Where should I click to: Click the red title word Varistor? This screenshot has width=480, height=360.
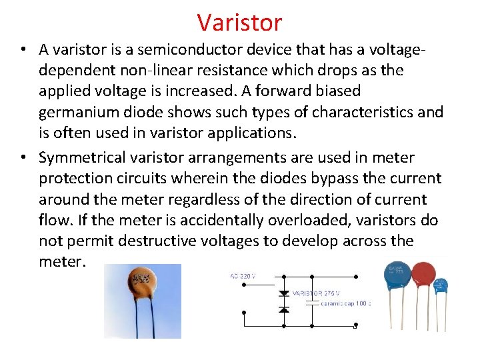click(240, 23)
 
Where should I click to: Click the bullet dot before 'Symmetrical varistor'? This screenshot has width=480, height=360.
click(23, 159)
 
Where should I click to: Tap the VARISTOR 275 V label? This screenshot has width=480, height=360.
click(317, 293)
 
